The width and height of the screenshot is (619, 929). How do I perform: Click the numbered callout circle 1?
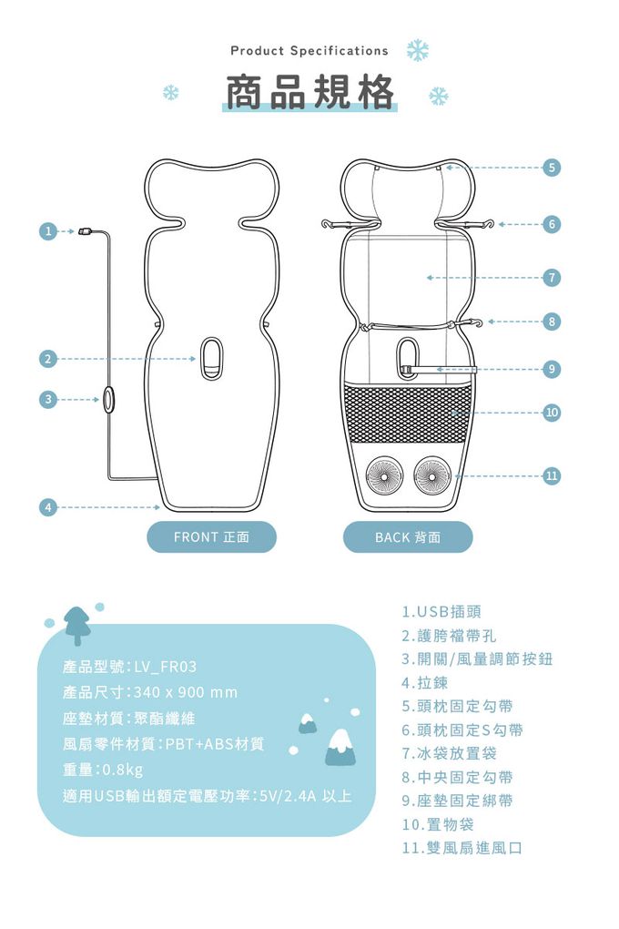tap(48, 231)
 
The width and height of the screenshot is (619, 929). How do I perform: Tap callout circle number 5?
tap(552, 168)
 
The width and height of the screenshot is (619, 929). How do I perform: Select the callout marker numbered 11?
tap(552, 475)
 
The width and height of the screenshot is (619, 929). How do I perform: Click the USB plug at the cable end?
tap(85, 231)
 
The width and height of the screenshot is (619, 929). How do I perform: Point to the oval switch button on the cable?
tap(108, 399)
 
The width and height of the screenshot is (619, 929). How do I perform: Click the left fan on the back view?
tap(384, 475)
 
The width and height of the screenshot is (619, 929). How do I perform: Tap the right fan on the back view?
tap(432, 475)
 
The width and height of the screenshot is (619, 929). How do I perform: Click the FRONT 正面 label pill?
tap(211, 537)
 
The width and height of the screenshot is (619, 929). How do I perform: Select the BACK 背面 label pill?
tap(408, 537)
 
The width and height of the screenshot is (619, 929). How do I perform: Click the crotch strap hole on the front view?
tap(211, 358)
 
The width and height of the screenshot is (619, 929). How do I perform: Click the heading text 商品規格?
tap(309, 92)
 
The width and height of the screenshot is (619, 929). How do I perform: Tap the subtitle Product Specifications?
tap(309, 51)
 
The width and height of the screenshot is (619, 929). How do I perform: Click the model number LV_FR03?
tap(166, 667)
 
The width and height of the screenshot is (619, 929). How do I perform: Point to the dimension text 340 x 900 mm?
tap(186, 692)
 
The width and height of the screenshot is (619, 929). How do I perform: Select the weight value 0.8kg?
tap(123, 770)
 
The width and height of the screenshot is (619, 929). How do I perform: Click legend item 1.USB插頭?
tap(441, 611)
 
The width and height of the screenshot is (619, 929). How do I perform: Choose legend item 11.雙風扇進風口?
tap(462, 848)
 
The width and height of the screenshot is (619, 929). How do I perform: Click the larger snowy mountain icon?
tap(341, 748)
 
